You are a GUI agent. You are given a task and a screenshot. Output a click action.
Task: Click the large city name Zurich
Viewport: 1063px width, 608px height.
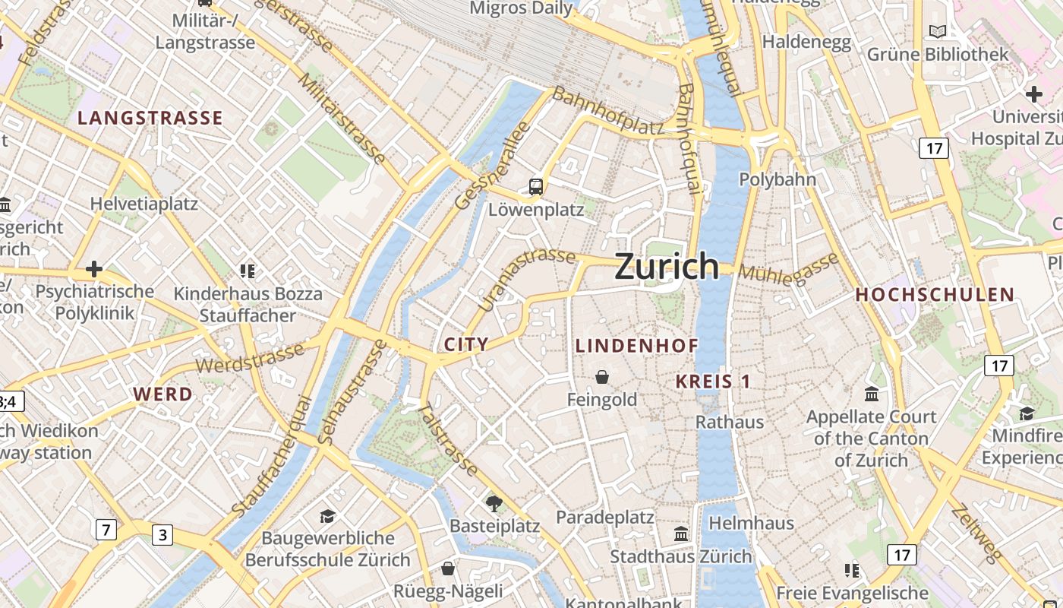[666, 267]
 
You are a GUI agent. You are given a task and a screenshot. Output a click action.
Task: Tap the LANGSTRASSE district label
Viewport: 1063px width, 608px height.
[150, 118]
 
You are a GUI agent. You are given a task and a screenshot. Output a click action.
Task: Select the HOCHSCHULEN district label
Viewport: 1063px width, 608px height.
[935, 295]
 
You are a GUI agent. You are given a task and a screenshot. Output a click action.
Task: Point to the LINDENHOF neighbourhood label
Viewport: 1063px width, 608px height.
[636, 346]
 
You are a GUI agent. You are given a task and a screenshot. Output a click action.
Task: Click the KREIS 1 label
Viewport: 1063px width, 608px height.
[713, 382]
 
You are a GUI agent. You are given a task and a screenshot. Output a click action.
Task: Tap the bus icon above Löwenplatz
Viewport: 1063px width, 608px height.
[536, 186]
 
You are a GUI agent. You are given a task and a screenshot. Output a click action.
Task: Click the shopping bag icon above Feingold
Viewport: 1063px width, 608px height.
[602, 376]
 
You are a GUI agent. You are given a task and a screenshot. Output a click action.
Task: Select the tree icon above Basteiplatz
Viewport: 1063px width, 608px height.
[494, 502]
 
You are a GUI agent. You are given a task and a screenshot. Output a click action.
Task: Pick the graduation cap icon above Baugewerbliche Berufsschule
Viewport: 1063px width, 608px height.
[327, 516]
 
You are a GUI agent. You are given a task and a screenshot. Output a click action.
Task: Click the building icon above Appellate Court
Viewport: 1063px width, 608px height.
[871, 394]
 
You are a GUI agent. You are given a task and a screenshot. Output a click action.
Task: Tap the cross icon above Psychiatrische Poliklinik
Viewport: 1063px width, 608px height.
[94, 269]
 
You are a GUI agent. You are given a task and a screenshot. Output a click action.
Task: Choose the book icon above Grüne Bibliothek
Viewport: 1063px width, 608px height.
[938, 31]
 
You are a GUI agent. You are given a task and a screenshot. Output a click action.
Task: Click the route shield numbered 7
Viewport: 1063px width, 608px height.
[106, 529]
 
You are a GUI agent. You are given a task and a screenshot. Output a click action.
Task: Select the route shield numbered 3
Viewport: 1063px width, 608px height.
[162, 535]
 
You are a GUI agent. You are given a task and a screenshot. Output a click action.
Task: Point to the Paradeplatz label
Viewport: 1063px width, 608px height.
[604, 518]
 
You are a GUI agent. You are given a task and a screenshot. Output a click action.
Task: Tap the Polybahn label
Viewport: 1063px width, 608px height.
[778, 180]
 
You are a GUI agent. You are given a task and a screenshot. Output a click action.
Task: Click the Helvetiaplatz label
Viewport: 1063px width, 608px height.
[144, 204]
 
